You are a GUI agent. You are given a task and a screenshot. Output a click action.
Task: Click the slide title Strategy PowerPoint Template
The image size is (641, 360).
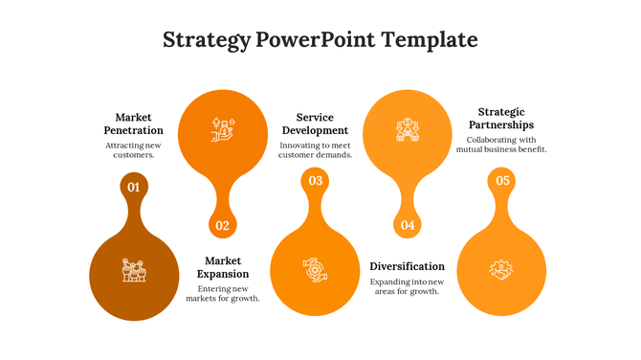320,39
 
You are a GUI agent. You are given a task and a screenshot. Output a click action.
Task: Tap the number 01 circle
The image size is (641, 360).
134,187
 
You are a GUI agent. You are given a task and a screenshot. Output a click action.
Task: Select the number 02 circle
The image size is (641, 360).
222,226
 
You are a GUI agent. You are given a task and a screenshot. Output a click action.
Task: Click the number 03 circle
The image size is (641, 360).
315,181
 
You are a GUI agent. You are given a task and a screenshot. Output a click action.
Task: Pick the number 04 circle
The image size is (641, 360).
408,226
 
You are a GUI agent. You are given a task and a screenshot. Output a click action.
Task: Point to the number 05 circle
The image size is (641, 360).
501,181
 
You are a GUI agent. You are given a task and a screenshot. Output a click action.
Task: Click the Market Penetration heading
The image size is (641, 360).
133,124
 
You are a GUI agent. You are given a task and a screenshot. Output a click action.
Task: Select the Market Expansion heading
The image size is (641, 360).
223,267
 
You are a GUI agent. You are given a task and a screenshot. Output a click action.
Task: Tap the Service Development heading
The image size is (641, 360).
315,124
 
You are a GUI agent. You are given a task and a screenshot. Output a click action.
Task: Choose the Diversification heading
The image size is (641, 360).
407,266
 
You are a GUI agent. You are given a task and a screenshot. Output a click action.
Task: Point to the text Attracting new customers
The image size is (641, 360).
133,149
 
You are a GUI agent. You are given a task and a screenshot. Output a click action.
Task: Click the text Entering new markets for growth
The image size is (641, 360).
223,293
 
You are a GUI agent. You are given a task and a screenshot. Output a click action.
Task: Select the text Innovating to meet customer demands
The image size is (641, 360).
315,149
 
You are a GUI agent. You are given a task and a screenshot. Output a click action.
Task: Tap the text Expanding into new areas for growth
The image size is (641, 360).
407,286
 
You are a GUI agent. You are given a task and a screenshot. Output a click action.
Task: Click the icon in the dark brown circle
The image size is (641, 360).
134,270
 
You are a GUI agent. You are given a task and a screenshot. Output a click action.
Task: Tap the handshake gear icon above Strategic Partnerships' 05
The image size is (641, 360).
501,270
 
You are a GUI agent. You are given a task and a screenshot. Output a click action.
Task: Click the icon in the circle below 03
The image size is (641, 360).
315,270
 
